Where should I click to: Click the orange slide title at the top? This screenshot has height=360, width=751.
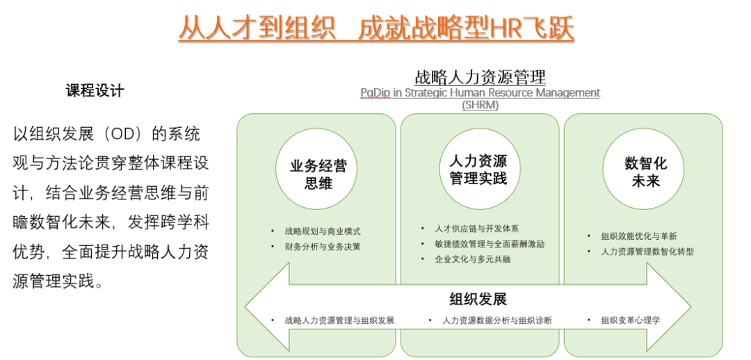376,28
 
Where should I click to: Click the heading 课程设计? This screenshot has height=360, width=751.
95,90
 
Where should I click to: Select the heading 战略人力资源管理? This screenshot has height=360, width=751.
480,77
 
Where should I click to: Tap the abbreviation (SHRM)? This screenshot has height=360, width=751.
480,105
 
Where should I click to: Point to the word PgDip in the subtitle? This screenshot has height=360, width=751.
375,93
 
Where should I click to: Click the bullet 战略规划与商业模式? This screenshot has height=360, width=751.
323,231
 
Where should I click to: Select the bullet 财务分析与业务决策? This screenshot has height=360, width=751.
323,247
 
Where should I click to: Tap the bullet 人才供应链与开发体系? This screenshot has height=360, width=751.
476,229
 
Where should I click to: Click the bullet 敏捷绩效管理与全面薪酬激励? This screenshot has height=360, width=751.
489,244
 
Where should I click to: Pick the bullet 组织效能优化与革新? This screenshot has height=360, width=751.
638,236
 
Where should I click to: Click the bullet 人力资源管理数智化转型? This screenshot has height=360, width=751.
647,252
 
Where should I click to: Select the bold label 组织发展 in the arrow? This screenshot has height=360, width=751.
478,299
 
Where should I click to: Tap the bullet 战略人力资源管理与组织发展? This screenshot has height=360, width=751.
339,320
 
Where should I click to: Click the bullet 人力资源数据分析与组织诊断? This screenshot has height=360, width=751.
497,320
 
